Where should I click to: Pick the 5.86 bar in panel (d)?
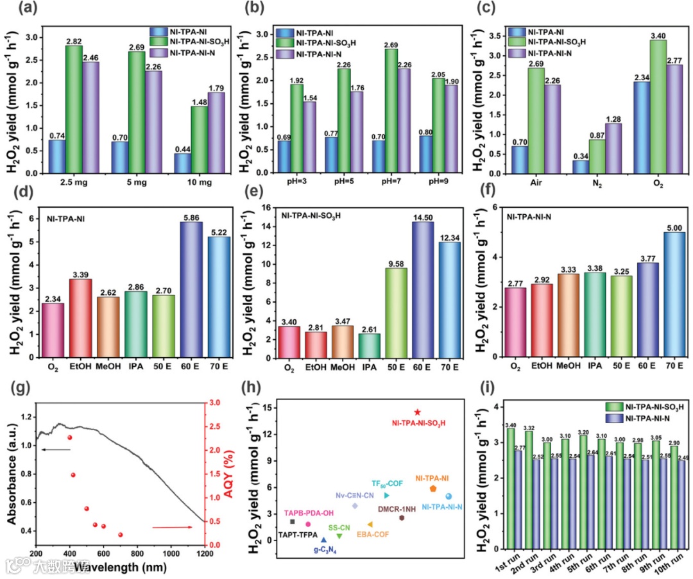[x=191, y=289]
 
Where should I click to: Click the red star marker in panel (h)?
[x=418, y=412]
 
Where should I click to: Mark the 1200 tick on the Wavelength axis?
[x=205, y=554]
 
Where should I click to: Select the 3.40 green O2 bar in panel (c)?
[x=603, y=106]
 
